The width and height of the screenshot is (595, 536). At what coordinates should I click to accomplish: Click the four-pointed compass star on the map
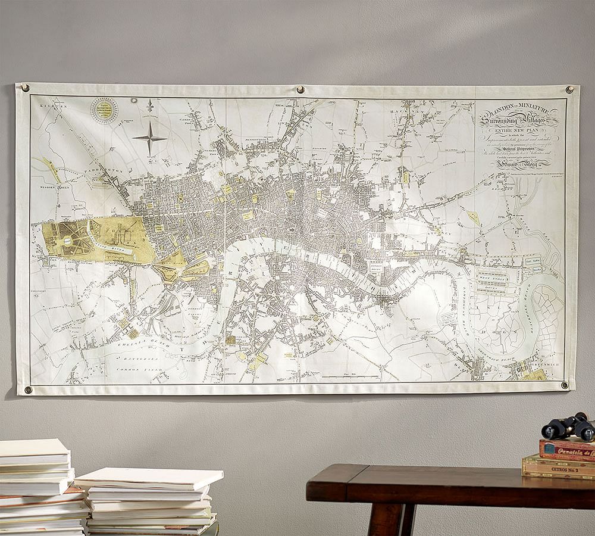(149, 138)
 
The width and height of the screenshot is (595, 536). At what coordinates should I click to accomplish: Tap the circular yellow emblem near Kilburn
(104, 110)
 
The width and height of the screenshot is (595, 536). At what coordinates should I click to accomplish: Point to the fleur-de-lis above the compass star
(150, 106)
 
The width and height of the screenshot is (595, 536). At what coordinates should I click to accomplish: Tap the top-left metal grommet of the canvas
(26, 89)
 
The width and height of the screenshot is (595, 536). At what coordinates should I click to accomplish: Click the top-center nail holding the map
(300, 90)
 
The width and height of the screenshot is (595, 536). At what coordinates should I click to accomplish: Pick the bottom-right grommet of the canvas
(564, 385)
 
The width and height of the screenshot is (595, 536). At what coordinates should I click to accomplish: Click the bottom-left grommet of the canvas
(28, 390)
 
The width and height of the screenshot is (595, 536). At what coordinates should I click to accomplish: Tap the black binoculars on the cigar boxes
(568, 426)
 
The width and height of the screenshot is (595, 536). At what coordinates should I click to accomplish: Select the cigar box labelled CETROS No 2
(558, 468)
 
